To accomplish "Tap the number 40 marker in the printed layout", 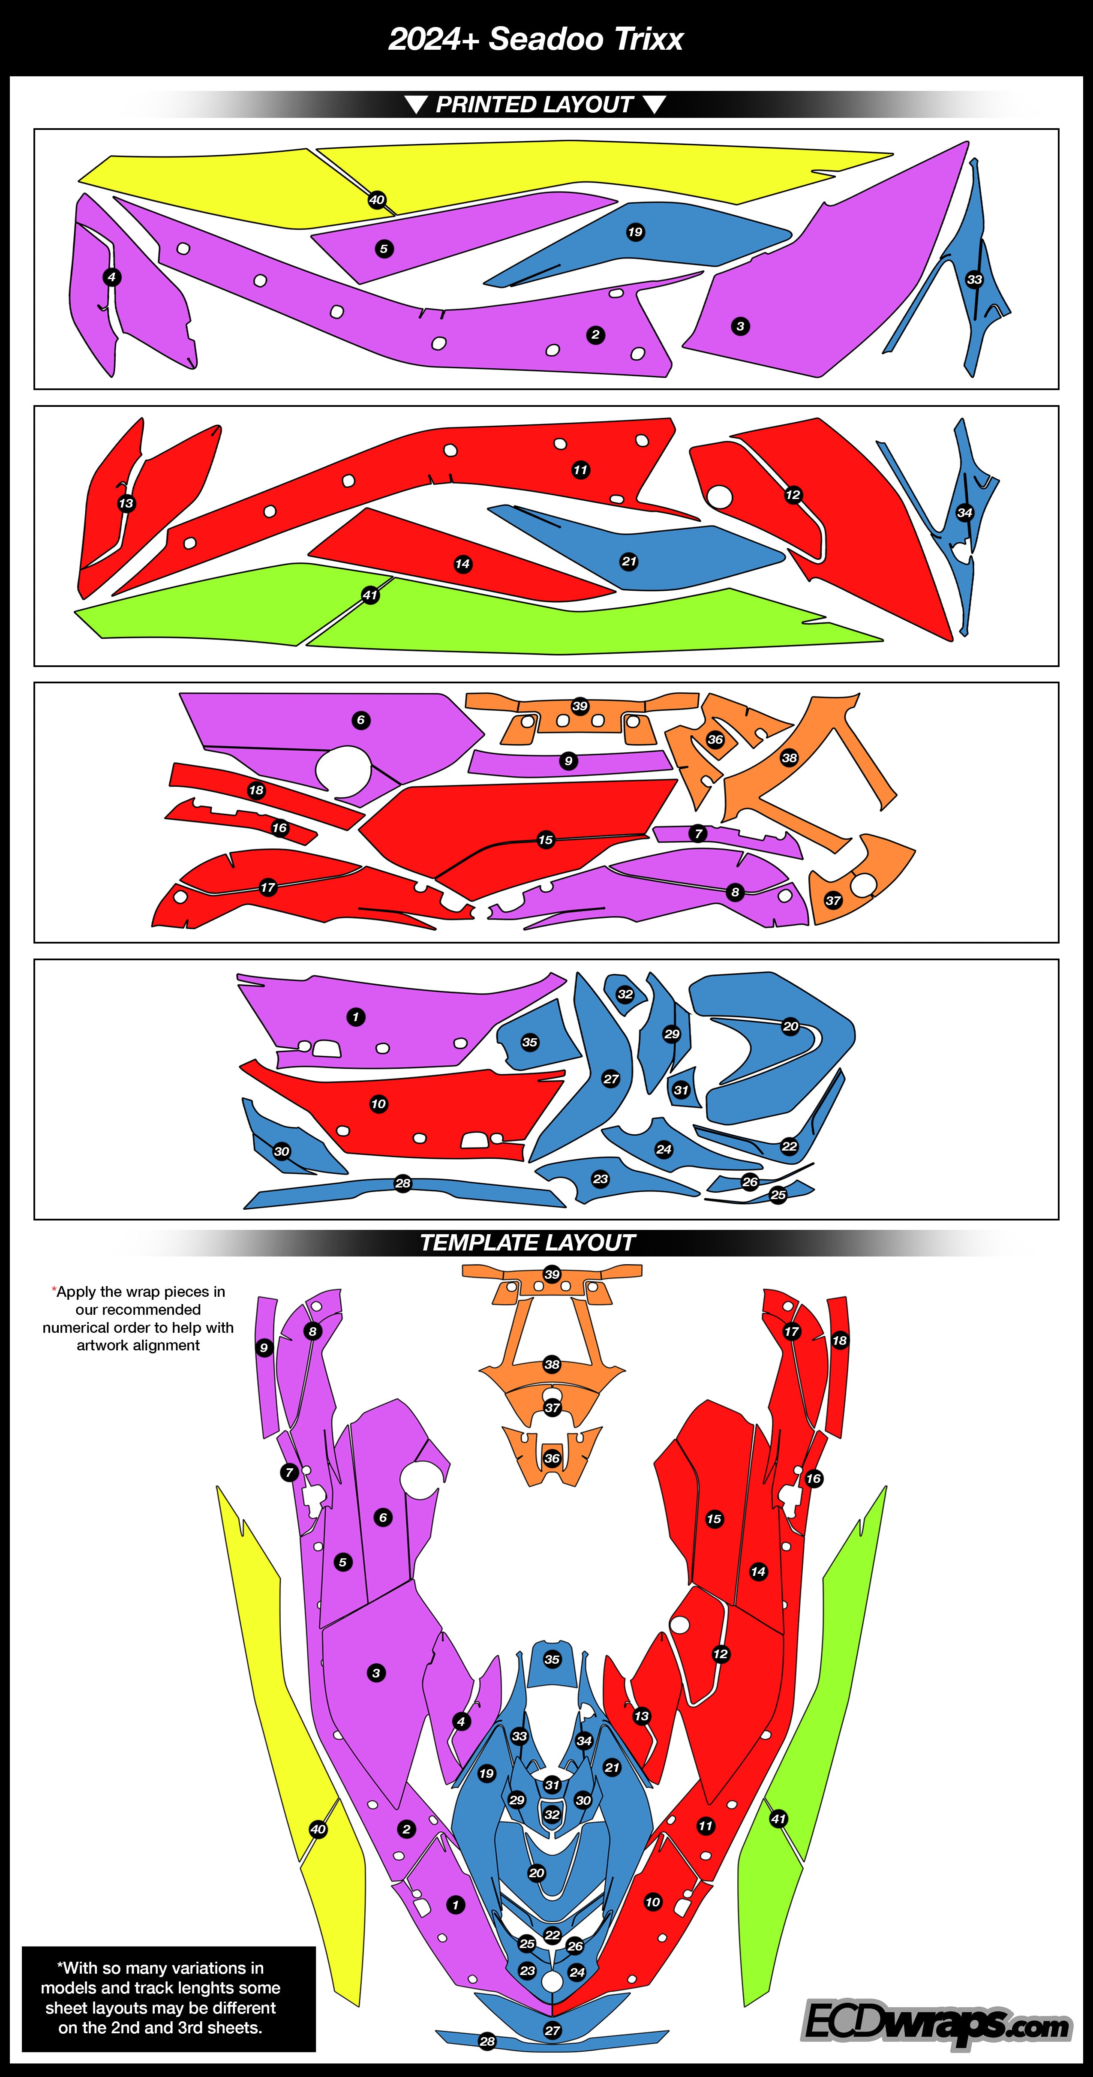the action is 376,200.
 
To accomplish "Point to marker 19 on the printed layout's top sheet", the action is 635,232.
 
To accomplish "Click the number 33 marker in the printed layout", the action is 975,280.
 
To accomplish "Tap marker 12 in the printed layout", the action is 793,495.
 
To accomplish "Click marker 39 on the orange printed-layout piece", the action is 580,706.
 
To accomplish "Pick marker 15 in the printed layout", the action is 546,840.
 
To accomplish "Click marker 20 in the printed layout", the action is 791,1026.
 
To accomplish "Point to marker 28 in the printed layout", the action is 403,1184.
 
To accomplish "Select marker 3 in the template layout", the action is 376,1673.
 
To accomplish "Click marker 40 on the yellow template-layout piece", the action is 318,1830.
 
